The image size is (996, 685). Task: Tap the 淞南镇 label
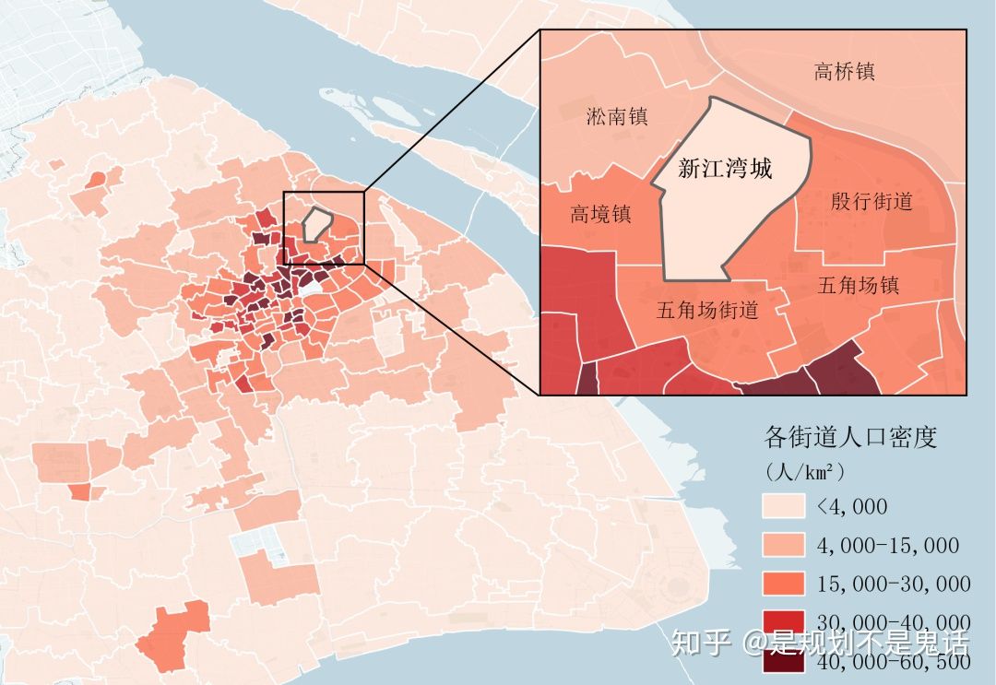click(617, 117)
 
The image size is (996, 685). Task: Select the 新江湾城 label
click(724, 170)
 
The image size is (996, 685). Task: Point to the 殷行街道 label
click(871, 201)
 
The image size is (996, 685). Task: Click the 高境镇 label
click(600, 215)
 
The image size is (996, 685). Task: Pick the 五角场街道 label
click(707, 310)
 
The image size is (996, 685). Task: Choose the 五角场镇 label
click(858, 286)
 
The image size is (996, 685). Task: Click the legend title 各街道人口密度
click(850, 437)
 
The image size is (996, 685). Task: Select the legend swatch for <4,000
click(782, 506)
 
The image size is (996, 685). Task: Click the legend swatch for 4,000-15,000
click(782, 545)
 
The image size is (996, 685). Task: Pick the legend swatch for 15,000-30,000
click(782, 584)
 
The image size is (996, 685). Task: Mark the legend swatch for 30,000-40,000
click(782, 622)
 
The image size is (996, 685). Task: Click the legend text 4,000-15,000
click(887, 546)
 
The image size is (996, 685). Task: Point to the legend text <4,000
click(851, 506)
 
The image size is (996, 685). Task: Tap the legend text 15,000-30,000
click(893, 585)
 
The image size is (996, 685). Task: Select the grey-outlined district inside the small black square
click(316, 223)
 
